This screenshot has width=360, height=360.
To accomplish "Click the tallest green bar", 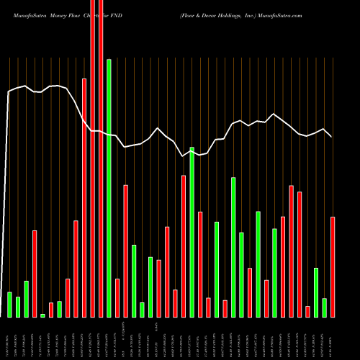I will pyautogui.click(x=109, y=187).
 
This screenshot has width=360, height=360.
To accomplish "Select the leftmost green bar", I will pyautogui.click(x=9, y=304).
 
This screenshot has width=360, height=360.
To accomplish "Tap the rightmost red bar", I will pyautogui.click(x=333, y=266).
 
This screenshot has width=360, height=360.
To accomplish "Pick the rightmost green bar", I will pyautogui.click(x=324, y=307).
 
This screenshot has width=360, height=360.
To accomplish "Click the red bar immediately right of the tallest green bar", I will pyautogui.click(x=117, y=297).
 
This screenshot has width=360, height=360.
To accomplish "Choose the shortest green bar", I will pyautogui.click(x=42, y=315).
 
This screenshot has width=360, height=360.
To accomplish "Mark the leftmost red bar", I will pyautogui.click(x=35, y=274).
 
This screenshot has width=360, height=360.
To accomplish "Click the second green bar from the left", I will pyautogui.click(x=18, y=307).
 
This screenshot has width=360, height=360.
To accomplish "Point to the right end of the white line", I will pyautogui.click(x=332, y=137).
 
